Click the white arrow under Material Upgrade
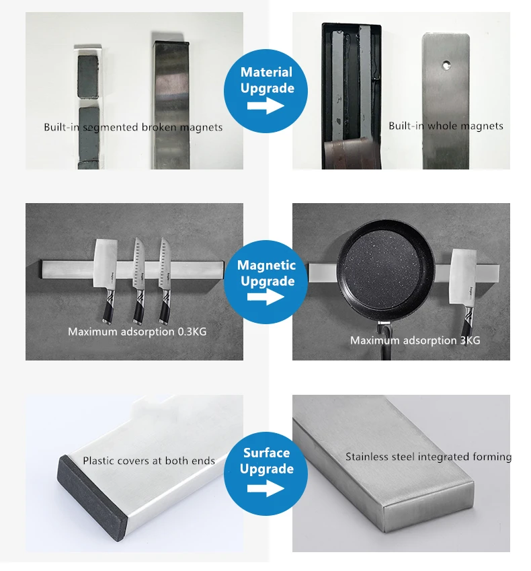265,106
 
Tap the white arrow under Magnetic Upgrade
265,297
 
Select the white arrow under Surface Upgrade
265,488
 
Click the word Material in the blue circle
266,72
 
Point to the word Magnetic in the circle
266,265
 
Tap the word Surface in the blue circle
266,453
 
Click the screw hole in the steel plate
446,65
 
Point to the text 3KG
470,340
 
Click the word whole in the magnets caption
442,126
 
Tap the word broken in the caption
159,127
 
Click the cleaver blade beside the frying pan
463,276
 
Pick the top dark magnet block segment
87,77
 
